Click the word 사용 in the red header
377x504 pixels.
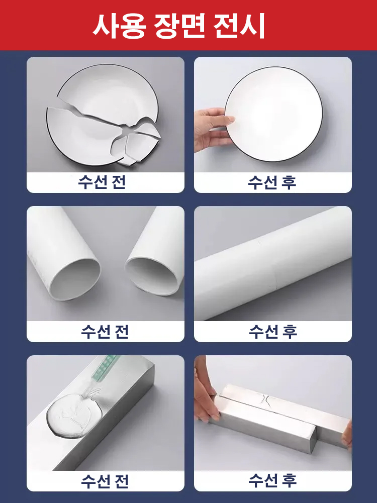(x=119, y=26)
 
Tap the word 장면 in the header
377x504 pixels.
(x=179, y=26)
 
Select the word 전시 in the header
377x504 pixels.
(x=239, y=26)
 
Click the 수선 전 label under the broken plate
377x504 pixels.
(x=102, y=182)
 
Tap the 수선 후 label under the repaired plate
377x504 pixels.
(x=272, y=182)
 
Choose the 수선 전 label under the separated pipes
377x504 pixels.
(x=105, y=331)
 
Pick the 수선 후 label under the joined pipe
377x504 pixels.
(x=273, y=331)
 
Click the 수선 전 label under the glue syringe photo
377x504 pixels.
(x=105, y=481)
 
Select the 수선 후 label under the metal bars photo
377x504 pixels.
(x=272, y=480)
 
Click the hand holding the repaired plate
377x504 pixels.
(x=212, y=129)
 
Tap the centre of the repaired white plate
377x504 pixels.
(x=274, y=114)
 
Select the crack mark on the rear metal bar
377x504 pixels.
(x=268, y=401)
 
